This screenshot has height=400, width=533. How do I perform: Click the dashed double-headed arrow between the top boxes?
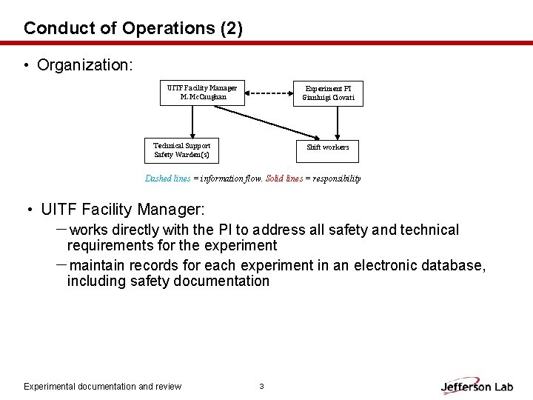coord(269,93)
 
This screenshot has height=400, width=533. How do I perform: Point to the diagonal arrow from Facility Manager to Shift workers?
coord(266,123)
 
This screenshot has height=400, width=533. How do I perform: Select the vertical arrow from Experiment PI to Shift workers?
coord(338,123)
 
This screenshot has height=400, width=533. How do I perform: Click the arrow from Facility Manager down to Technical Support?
coord(192,121)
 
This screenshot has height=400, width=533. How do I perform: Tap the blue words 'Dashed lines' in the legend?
coord(167,179)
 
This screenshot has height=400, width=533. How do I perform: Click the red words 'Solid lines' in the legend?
coord(284,179)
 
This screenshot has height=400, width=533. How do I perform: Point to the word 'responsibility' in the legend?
coord(337,179)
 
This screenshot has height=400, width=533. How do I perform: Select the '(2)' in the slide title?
coord(232,29)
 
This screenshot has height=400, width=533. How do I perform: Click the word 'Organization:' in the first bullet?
coord(85,65)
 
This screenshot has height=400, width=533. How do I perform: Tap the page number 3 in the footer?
coord(261,386)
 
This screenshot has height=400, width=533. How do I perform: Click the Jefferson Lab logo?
coord(477,387)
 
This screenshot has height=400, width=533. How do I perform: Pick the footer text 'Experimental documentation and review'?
coord(103,387)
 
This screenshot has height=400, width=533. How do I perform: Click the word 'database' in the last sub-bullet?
coord(453,265)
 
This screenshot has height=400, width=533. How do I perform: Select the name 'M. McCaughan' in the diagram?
coord(204,97)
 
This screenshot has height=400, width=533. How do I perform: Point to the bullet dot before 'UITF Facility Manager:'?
coord(30,210)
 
